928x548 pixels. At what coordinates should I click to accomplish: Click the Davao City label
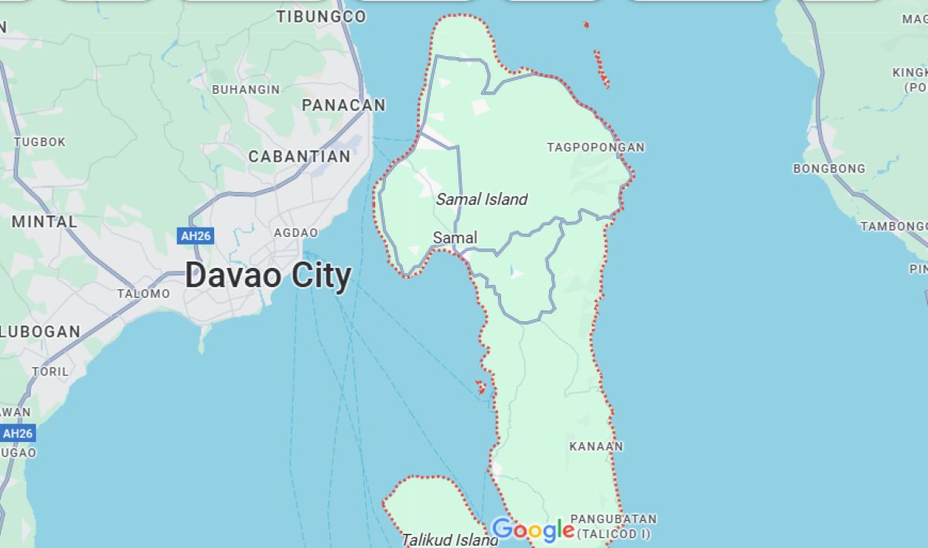click(268, 276)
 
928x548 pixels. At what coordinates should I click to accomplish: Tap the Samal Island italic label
click(482, 200)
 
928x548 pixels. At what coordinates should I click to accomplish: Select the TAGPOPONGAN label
click(595, 147)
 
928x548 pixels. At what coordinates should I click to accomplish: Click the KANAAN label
click(596, 447)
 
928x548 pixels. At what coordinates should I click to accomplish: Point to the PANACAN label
click(343, 105)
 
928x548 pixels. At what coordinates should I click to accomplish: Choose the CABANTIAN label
click(299, 156)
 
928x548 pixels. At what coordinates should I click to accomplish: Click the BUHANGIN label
click(246, 90)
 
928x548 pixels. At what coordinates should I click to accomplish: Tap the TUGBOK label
click(40, 142)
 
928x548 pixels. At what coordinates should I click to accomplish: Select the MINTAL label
click(44, 221)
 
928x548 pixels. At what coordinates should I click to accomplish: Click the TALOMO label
click(143, 294)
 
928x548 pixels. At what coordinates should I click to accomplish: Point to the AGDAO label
click(295, 233)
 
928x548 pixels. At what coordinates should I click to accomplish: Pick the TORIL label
click(50, 372)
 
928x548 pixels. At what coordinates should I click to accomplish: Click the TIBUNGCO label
click(322, 16)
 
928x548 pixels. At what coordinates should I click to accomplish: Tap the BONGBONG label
click(829, 169)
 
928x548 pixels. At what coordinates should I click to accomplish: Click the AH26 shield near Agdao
click(195, 236)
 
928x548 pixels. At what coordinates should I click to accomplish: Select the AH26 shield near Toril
click(17, 433)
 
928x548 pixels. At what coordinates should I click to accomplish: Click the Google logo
click(533, 530)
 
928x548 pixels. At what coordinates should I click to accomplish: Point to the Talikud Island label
click(450, 539)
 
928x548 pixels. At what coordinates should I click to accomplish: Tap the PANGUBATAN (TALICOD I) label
click(613, 526)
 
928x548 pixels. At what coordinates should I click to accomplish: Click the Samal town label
click(455, 238)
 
